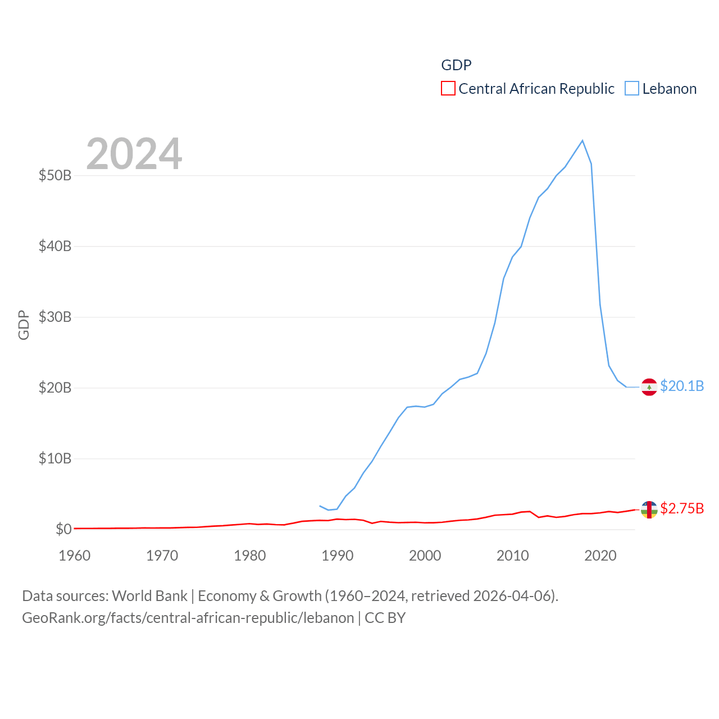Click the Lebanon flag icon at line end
[x=649, y=387]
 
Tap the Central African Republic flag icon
[x=649, y=509]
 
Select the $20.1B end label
[x=682, y=386]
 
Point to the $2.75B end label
[x=682, y=508]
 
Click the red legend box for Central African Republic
[x=448, y=89]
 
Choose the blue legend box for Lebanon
[x=632, y=89]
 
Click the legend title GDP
[x=456, y=65]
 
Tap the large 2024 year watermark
[x=134, y=153]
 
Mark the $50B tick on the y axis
[x=55, y=175]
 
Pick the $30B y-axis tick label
[x=55, y=317]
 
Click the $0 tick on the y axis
[x=63, y=529]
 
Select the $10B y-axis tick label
[x=55, y=458]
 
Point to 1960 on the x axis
[x=75, y=556]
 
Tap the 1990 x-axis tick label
[x=338, y=556]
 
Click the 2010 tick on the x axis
[x=513, y=556]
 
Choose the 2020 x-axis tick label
[x=600, y=556]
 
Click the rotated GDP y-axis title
[x=24, y=325]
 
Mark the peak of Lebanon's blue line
[x=583, y=140]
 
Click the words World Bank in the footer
[x=149, y=595]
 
